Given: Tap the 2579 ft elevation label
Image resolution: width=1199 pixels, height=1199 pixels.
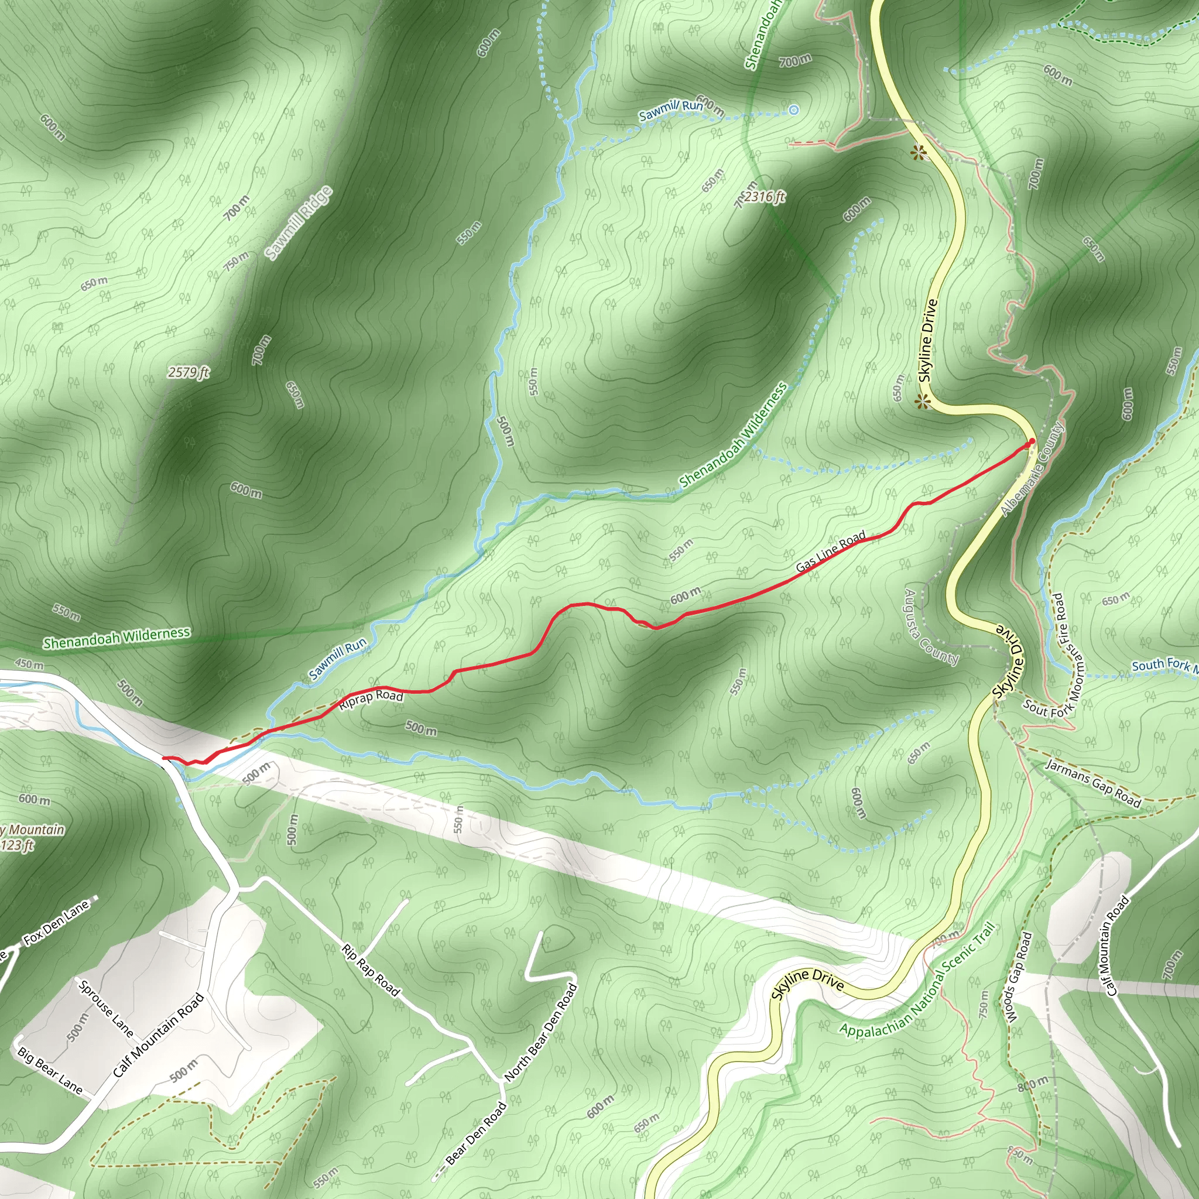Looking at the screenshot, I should tap(189, 372).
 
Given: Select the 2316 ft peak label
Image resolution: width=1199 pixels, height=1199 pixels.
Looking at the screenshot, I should tap(764, 197).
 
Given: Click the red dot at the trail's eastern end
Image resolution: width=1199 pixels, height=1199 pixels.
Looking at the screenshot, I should tap(1032, 442).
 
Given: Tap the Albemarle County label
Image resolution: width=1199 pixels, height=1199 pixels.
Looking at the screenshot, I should tap(1033, 469).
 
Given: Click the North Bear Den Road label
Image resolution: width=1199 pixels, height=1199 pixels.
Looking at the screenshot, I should tap(540, 1032).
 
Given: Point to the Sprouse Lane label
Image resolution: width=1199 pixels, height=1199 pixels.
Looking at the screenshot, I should tap(106, 1007).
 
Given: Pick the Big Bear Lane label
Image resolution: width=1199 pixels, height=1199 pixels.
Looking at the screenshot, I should tap(50, 1070).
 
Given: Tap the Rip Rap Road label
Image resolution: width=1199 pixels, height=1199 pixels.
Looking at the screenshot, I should tap(371, 970).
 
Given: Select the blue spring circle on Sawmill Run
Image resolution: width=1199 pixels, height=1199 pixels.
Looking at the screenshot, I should tap(793, 110).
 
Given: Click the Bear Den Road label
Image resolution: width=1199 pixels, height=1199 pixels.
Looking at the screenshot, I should tap(477, 1133).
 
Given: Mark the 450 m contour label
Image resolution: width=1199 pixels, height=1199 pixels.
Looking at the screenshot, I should tap(29, 664).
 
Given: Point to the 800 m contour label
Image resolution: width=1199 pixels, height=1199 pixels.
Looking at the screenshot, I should tap(1032, 1083).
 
